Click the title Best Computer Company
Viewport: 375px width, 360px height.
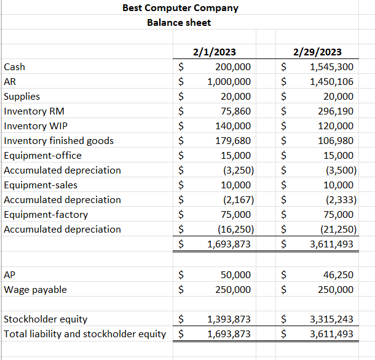pos(180,8)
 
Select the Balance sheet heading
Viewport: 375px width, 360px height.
pos(179,23)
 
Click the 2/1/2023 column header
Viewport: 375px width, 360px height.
pos(213,52)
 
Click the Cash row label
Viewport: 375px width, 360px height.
pos(15,67)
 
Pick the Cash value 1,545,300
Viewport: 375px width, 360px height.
pos(332,67)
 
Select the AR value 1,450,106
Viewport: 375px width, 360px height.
pos(332,82)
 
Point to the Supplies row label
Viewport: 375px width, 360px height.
pos(22,97)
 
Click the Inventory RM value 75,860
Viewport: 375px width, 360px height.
pos(235,111)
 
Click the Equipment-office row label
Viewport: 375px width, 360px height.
pos(42,156)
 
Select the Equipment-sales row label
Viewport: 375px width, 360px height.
pos(41,185)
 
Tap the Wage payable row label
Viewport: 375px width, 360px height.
pos(36,290)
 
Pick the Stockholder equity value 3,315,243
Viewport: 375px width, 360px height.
pos(332,319)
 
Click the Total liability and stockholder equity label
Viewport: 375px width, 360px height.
pos(85,334)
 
